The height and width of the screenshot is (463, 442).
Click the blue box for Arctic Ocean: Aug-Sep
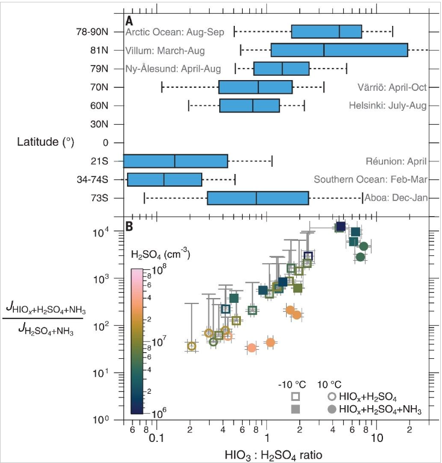pyautogui.click(x=326, y=31)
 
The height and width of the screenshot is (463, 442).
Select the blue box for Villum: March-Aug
pyautogui.click(x=339, y=50)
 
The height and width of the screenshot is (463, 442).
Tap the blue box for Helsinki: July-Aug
pyautogui.click(x=249, y=106)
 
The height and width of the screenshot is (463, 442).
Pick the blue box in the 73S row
pyautogui.click(x=258, y=198)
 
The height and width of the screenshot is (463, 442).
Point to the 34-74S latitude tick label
pyautogui.click(x=94, y=179)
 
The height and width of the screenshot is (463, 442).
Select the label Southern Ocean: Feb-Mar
pyautogui.click(x=370, y=179)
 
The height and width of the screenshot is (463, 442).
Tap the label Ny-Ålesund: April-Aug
pyautogui.click(x=173, y=69)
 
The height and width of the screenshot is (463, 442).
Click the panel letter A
pyautogui.click(x=129, y=21)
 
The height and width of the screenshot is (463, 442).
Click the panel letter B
pyautogui.click(x=129, y=226)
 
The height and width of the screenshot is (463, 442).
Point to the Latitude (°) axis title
pyautogui.click(x=46, y=142)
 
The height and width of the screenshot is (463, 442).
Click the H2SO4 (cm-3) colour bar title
pyautogui.click(x=160, y=255)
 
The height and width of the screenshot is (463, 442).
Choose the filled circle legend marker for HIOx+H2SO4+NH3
pyautogui.click(x=332, y=409)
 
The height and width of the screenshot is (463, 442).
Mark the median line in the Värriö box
pyautogui.click(x=258, y=87)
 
